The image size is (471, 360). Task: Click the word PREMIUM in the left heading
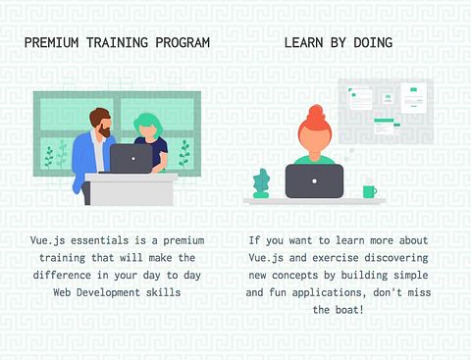coord(52,43)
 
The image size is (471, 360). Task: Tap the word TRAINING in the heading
coord(117,43)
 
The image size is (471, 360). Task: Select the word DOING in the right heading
coord(373,43)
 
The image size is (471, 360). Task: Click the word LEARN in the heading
coord(303,43)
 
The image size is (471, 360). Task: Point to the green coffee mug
coord(370,191)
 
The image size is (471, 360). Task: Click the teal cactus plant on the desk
coord(261,183)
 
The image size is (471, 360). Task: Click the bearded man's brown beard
coord(105,130)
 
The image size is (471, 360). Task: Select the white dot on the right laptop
coord(314,181)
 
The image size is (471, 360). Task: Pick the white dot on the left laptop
coord(133,159)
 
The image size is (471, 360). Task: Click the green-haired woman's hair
coord(149,123)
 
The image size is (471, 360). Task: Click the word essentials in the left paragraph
coord(100,240)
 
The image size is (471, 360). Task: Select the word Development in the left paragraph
coord(108,292)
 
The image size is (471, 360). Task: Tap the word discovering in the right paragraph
coord(396,258)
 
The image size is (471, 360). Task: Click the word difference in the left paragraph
coord(62,275)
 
